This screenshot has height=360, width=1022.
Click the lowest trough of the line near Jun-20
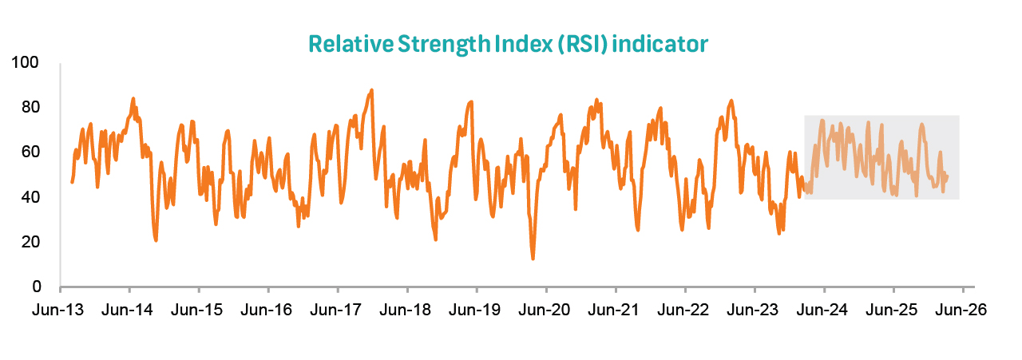(x=533, y=259)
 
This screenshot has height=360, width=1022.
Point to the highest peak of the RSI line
(x=371, y=90)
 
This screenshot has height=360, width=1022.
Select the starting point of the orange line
(x=72, y=183)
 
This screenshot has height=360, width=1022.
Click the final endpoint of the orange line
(x=948, y=176)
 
